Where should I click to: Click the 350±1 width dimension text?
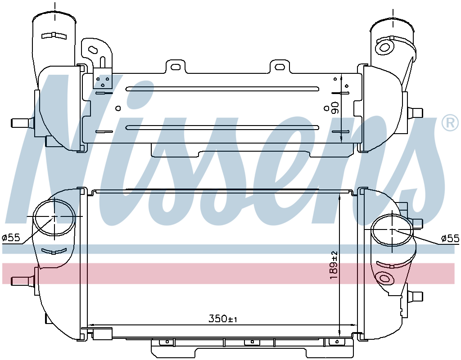point(222,319)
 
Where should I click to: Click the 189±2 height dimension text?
point(334,265)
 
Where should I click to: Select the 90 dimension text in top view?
point(334,108)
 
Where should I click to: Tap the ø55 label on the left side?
point(11,238)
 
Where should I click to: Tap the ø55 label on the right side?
point(450,238)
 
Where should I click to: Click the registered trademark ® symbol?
point(450,123)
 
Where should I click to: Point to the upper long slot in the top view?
point(222,89)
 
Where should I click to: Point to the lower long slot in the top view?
point(222,127)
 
